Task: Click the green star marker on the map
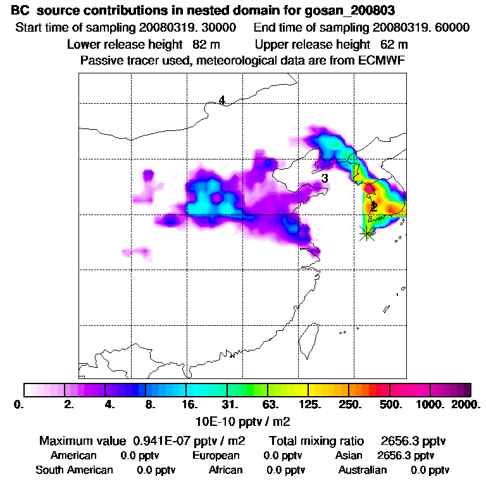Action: tap(366, 232)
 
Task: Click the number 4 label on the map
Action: tap(221, 100)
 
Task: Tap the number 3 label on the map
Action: tap(324, 178)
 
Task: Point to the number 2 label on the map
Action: tap(374, 206)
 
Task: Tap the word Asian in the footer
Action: tap(349, 456)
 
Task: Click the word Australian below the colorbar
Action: tap(363, 470)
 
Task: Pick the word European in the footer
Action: tap(216, 456)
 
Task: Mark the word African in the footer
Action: tap(225, 470)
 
